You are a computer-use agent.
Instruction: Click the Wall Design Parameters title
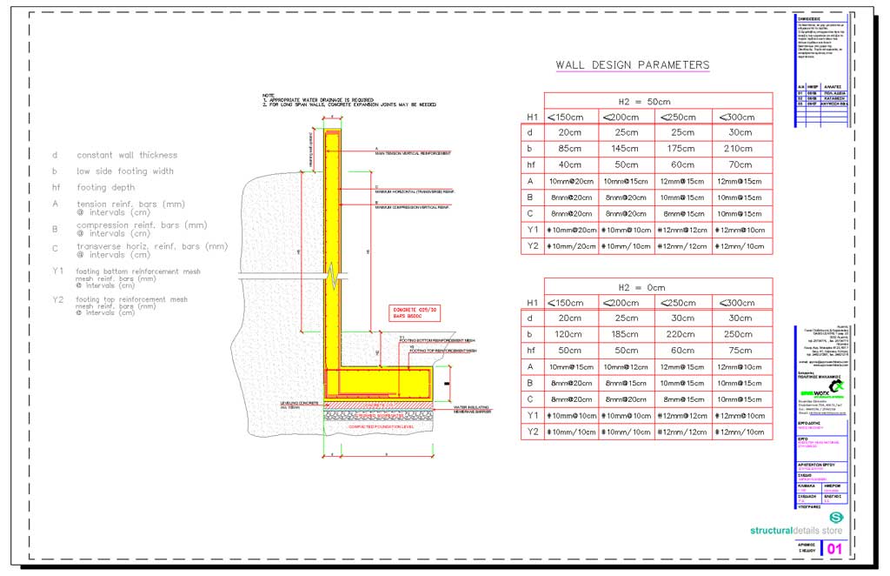pyautogui.click(x=632, y=65)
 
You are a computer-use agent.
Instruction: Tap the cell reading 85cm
pyautogui.click(x=570, y=148)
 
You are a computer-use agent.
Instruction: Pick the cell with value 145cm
pyautogui.click(x=627, y=148)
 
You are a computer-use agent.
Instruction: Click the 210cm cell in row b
pyautogui.click(x=741, y=148)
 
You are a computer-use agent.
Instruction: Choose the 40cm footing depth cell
pyautogui.click(x=570, y=164)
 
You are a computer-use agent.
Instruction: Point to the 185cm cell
pyautogui.click(x=627, y=334)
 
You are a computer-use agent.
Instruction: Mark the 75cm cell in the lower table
pyautogui.click(x=741, y=351)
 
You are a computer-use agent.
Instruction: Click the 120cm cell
pyautogui.click(x=570, y=334)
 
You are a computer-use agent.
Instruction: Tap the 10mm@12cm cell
pyautogui.click(x=627, y=367)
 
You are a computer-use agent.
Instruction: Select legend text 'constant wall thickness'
pyautogui.click(x=126, y=155)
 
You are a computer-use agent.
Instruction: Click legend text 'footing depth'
pyautogui.click(x=104, y=187)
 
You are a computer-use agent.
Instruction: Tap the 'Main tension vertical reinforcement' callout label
pyautogui.click(x=412, y=153)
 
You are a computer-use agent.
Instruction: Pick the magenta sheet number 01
pyautogui.click(x=834, y=548)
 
